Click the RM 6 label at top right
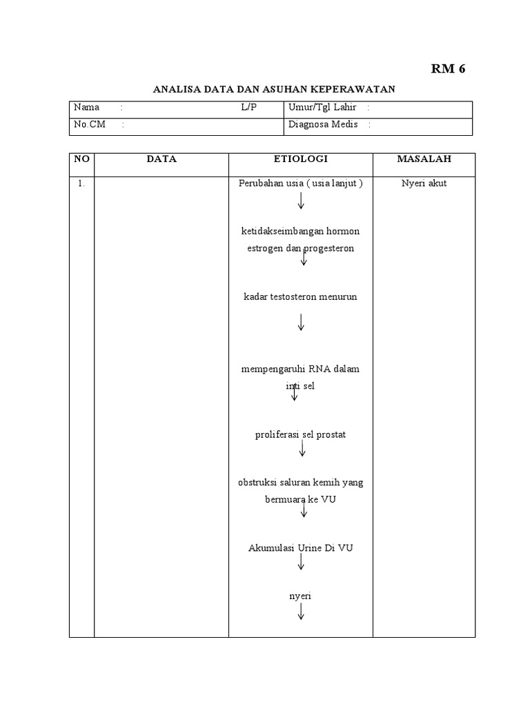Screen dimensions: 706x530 449,68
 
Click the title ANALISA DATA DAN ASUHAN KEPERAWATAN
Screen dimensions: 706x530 273,90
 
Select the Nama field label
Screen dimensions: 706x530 87,108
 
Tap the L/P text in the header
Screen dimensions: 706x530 248,108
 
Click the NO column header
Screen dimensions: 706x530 81,159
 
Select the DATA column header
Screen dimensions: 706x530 161,159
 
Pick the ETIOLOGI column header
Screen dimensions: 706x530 301,159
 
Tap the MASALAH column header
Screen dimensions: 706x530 424,159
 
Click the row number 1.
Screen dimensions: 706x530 81,183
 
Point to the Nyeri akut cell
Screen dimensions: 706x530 424,183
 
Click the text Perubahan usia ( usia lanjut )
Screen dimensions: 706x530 300,183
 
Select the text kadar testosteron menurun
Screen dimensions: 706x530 300,296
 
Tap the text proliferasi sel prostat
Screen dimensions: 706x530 300,434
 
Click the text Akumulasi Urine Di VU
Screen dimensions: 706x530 300,548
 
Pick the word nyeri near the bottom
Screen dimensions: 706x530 300,596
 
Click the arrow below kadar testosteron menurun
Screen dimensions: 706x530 302,322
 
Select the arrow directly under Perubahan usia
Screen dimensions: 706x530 302,201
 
